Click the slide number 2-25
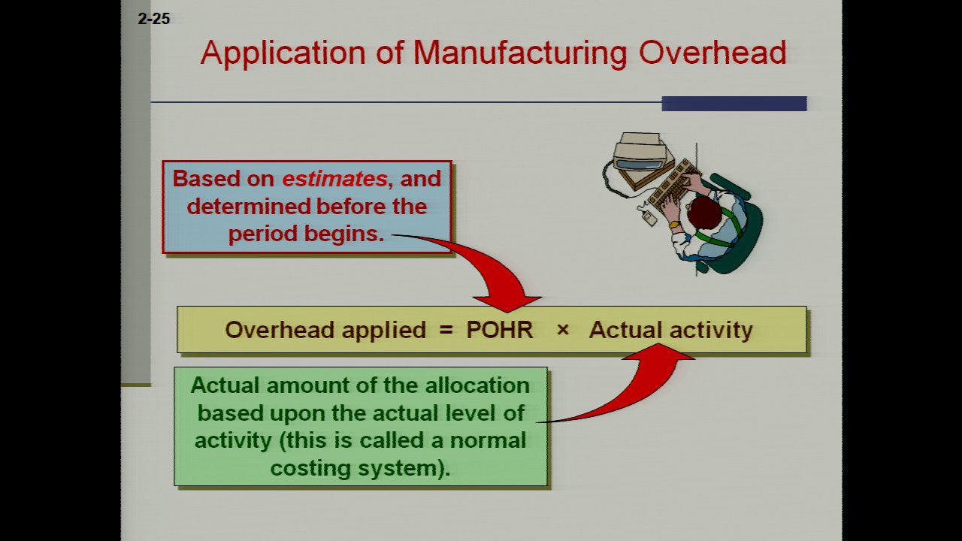pyautogui.click(x=154, y=20)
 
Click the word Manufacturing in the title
pyautogui.click(x=520, y=53)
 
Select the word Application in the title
pyautogui.click(x=293, y=53)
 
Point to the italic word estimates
pyautogui.click(x=334, y=179)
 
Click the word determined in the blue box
pyautogui.click(x=250, y=206)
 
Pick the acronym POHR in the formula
pyautogui.click(x=499, y=330)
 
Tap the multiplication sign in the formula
pyautogui.click(x=562, y=330)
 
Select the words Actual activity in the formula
pyautogui.click(x=670, y=330)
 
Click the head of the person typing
pyautogui.click(x=705, y=212)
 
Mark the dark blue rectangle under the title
pyautogui.click(x=734, y=104)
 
